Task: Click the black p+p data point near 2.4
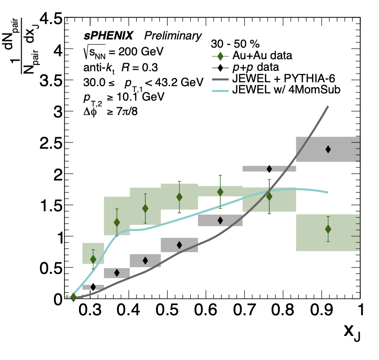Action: coord(328,149)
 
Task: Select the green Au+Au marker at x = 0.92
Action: coord(328,229)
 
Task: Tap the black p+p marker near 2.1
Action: coord(269,168)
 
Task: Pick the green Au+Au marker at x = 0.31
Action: coord(93,259)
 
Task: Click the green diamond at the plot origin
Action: coord(73,297)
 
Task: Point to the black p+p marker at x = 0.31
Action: coord(93,287)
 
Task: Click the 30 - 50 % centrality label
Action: coord(236,43)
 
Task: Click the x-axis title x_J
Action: coord(352,333)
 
